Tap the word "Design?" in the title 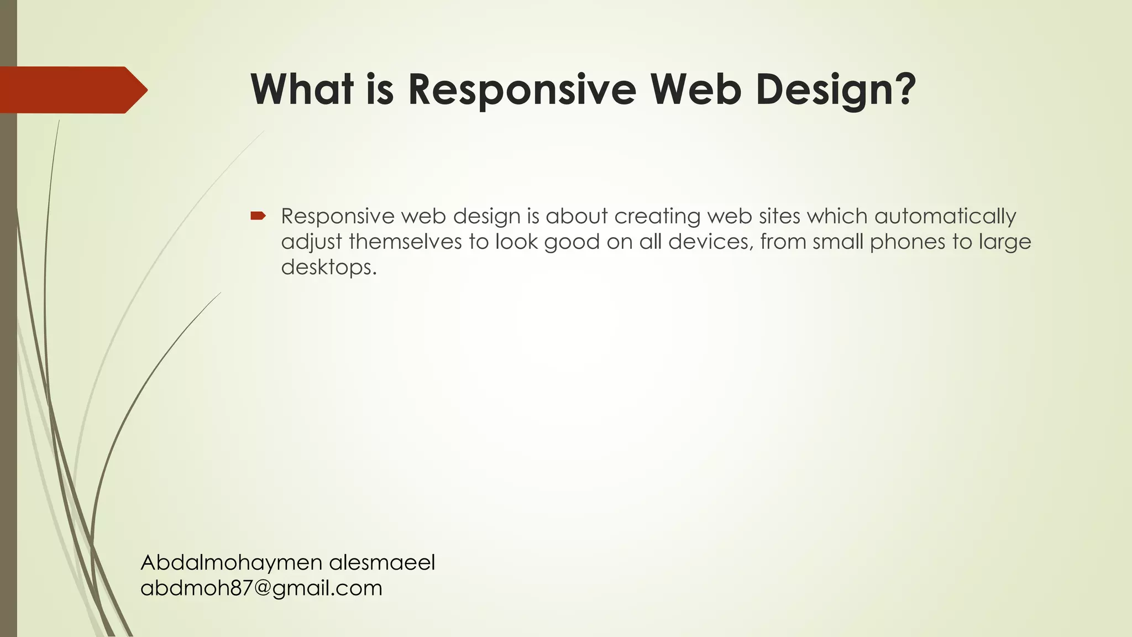(836, 90)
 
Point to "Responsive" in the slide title (522, 90)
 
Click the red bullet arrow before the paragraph (258, 216)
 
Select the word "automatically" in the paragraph (945, 216)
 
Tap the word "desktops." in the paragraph (329, 267)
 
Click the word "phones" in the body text (907, 242)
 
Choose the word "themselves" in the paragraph (405, 242)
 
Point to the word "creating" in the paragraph (658, 216)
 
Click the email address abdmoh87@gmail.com (261, 588)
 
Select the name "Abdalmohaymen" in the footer (232, 562)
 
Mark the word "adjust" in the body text (311, 242)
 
